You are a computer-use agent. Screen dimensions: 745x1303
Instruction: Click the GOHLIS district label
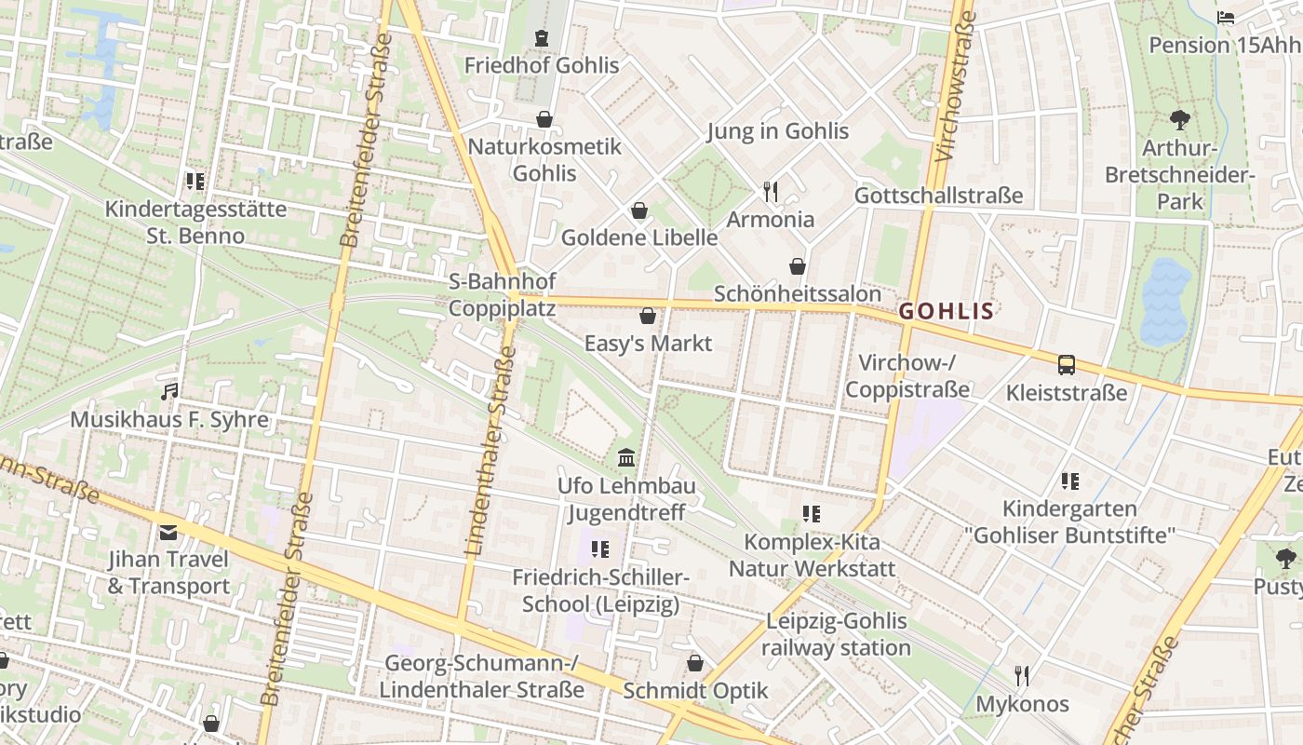click(x=947, y=311)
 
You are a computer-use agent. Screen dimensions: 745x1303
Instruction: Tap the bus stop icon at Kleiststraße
click(x=1067, y=365)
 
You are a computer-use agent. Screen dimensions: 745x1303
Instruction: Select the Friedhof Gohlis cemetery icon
click(x=542, y=38)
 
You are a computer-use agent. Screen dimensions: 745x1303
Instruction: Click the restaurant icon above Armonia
click(x=770, y=192)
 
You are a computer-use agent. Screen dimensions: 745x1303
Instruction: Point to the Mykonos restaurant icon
click(x=1022, y=676)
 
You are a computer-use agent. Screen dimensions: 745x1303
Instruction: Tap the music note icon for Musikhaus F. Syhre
click(x=169, y=392)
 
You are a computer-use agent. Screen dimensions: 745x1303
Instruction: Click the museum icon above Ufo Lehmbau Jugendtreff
click(x=626, y=458)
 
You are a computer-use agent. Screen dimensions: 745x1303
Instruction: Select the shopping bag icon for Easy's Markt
click(x=648, y=317)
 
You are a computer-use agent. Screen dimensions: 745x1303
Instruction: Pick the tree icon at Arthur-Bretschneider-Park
click(x=1179, y=120)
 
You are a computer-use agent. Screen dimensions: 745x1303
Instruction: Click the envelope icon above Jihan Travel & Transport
click(x=168, y=533)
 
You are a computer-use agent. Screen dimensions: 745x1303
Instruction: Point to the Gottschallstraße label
click(x=938, y=196)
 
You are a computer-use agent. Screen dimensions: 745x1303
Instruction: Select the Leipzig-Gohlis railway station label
click(x=836, y=634)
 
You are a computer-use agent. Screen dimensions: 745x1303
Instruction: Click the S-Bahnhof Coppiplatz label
click(x=503, y=294)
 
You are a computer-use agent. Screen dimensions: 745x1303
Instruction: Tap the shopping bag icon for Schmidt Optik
click(x=694, y=663)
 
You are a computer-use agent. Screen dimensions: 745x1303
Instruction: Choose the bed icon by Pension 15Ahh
click(x=1226, y=18)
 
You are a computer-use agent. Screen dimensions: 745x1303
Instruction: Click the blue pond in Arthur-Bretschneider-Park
click(x=1165, y=300)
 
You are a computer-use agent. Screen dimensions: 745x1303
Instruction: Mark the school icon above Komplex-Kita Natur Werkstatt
click(x=811, y=514)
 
